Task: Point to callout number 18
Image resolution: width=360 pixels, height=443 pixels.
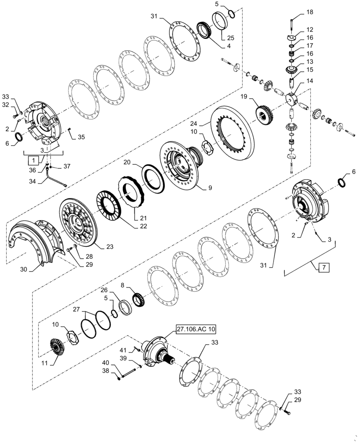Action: point(309,12)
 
